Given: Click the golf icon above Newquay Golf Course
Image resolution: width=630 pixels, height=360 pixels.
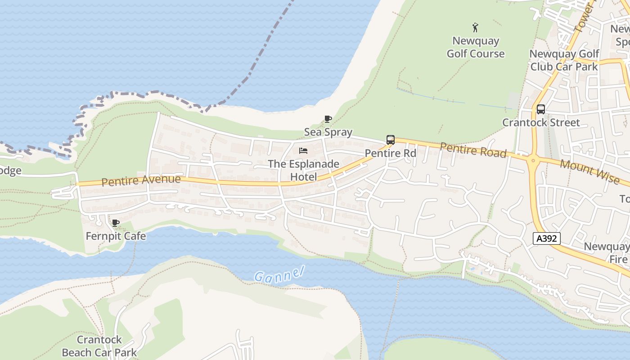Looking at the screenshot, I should (x=475, y=28).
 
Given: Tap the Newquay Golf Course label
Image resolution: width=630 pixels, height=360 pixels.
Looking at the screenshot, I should (x=475, y=47).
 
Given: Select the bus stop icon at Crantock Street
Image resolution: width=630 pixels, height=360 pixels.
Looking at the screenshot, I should (x=540, y=109).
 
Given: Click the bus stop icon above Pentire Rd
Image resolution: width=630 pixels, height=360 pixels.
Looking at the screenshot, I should (x=391, y=140).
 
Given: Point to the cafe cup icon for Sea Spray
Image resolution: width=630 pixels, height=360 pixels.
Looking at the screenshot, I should (x=328, y=119).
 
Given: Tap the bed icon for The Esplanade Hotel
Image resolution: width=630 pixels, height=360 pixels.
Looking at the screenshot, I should (x=303, y=151).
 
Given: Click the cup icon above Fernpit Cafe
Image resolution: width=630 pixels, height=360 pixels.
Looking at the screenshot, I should (x=116, y=223).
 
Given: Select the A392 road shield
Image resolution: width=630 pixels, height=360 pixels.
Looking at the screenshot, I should (x=547, y=238).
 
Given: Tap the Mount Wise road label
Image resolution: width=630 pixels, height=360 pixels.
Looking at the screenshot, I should (x=589, y=171).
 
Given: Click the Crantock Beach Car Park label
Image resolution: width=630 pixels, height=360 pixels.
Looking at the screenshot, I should (x=99, y=346).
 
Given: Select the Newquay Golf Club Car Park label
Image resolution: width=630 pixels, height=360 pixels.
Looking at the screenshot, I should (x=564, y=60).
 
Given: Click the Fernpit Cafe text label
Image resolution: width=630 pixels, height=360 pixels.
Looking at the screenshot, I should (x=116, y=236).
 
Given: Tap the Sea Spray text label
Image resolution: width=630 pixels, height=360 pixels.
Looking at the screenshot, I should (x=328, y=132).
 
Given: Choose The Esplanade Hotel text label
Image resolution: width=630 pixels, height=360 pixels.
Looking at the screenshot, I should (x=303, y=170).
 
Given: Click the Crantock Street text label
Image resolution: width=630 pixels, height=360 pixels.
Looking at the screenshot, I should (x=541, y=122).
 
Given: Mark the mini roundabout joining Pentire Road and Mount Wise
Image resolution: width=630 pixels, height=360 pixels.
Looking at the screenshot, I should (x=533, y=160).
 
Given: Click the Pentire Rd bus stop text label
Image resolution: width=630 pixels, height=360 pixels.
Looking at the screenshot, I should (x=390, y=153).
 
